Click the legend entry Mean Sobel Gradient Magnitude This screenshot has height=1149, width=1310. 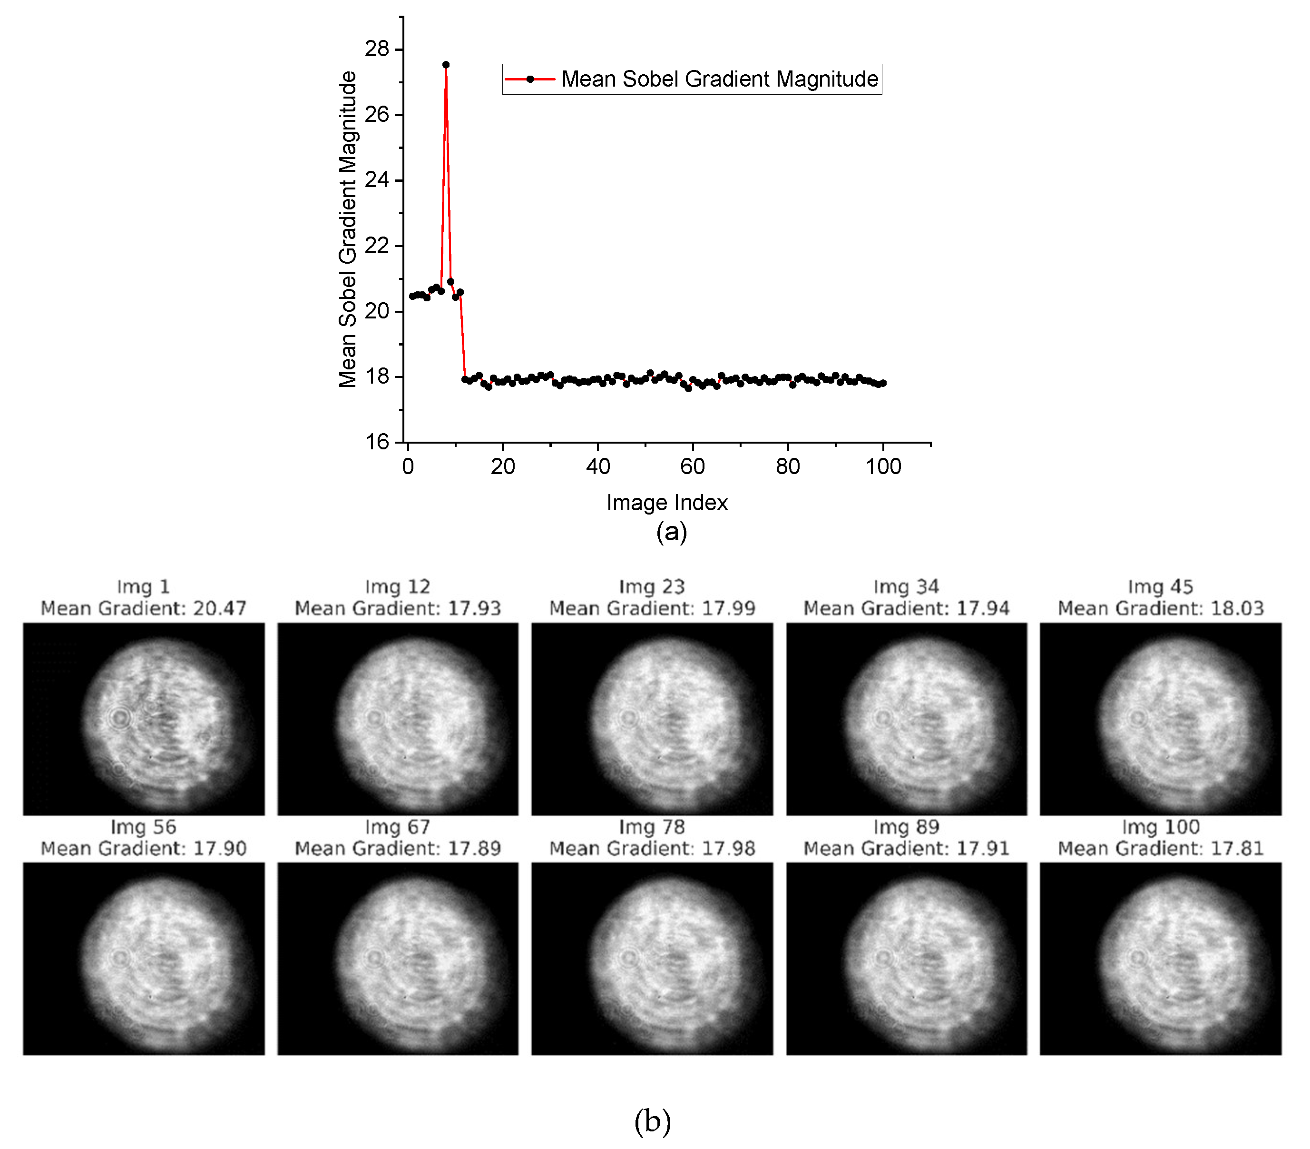(x=719, y=79)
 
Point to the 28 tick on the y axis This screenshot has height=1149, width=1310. (x=377, y=49)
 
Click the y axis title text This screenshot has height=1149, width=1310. (x=347, y=229)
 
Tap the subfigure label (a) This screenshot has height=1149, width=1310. (x=671, y=532)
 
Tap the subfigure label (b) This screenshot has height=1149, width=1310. (x=653, y=1121)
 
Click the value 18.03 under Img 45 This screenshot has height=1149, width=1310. (x=1237, y=608)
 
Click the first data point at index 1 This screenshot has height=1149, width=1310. (x=412, y=296)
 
